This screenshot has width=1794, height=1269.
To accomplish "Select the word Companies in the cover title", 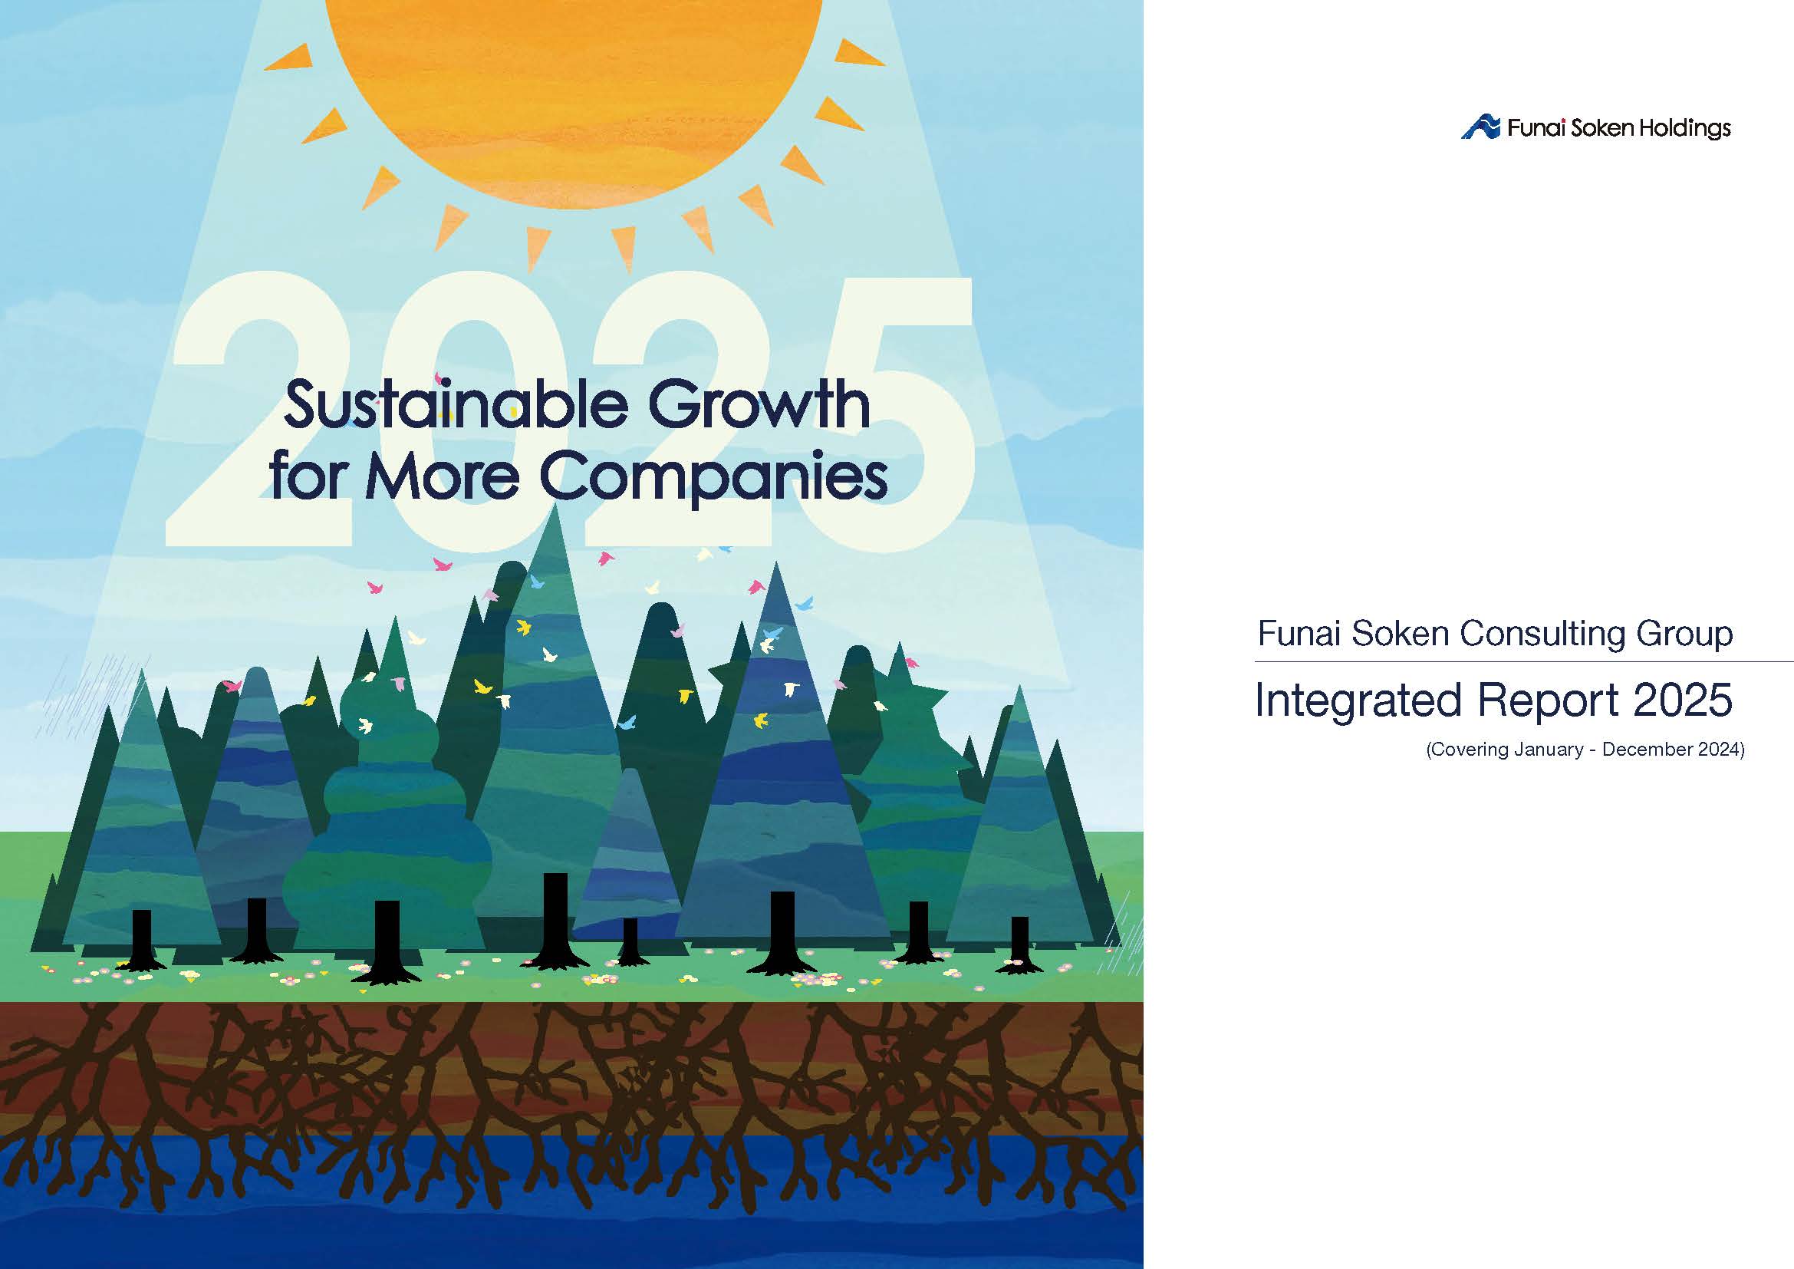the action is pos(713,477).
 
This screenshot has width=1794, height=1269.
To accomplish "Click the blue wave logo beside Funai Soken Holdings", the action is pos(1480,127).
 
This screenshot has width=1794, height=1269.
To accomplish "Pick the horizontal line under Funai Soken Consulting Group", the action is pos(1524,662).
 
